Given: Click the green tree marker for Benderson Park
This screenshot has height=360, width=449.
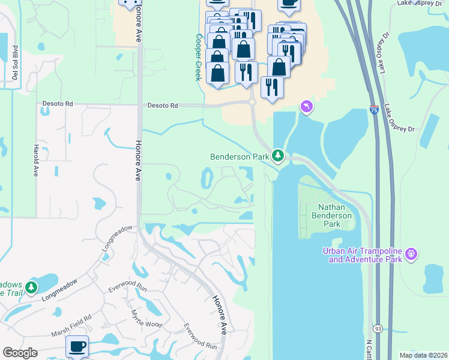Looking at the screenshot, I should coord(278,156).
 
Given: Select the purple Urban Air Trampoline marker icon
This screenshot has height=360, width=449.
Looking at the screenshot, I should coord(411,254).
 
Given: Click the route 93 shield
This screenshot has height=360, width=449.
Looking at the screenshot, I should coord(378,329).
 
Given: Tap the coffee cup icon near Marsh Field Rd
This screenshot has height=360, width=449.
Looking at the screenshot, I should coord(77,346).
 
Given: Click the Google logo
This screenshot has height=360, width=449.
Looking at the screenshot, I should coord(20,353).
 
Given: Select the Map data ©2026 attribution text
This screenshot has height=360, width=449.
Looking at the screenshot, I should coord(423,355).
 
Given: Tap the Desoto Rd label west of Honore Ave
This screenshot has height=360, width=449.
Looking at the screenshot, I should coord(57,104).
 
